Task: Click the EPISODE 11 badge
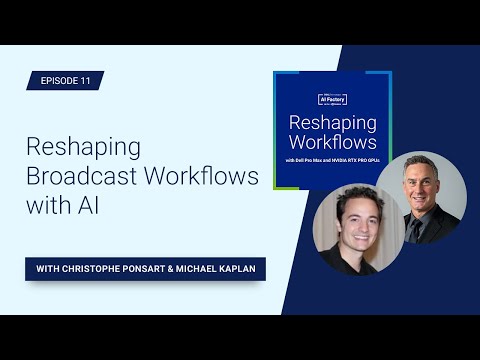[x=65, y=81]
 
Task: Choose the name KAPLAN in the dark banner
[x=233, y=268]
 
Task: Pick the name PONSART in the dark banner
[x=151, y=268]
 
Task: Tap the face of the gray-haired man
[x=419, y=179]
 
